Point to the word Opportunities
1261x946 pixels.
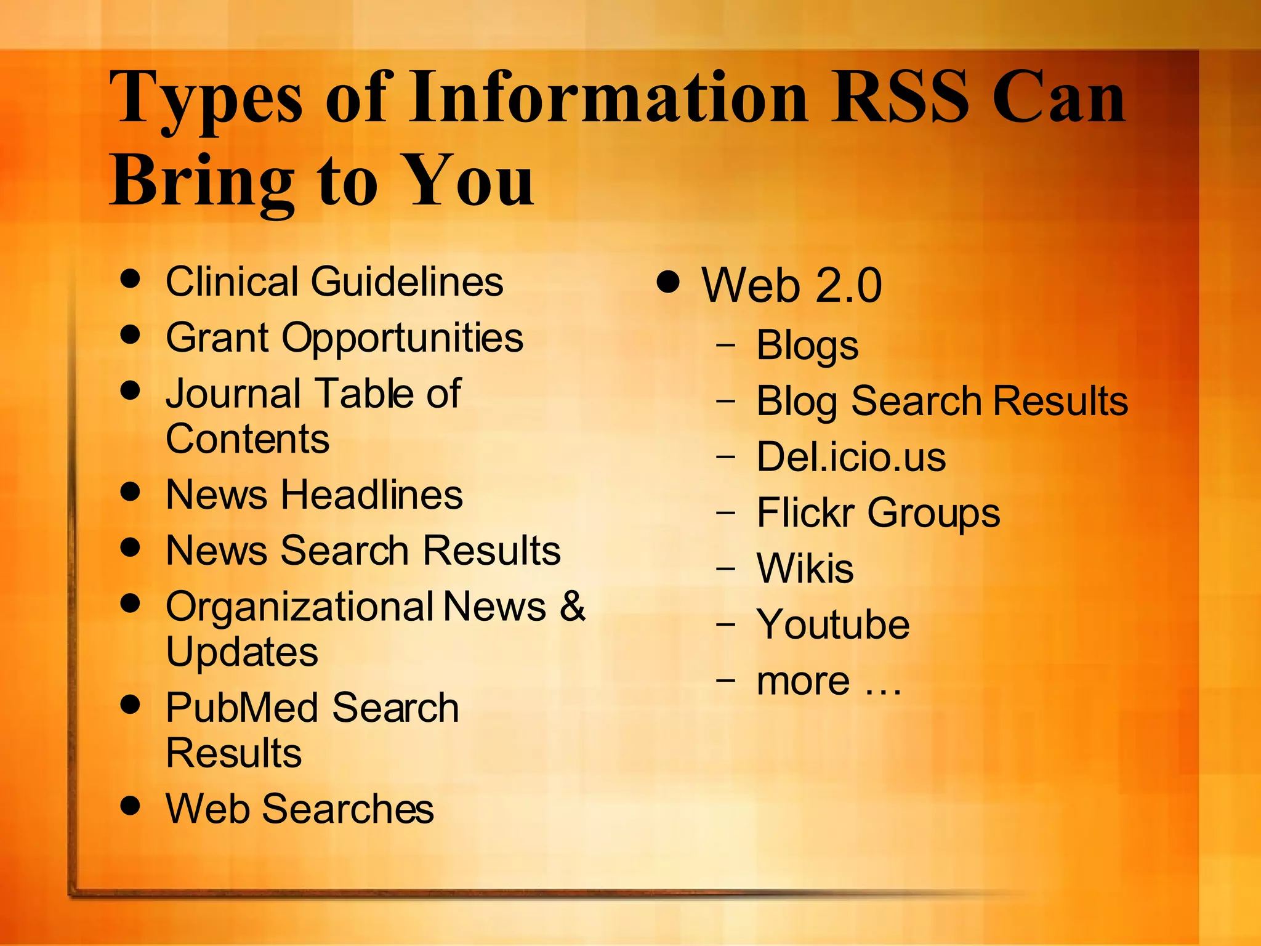pyautogui.click(x=402, y=339)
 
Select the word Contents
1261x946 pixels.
pyautogui.click(x=248, y=439)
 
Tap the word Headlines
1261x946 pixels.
pyautogui.click(x=372, y=495)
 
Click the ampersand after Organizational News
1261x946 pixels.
pyautogui.click(x=573, y=606)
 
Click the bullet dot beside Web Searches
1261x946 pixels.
pyautogui.click(x=130, y=805)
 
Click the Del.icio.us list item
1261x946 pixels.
pyautogui.click(x=851, y=458)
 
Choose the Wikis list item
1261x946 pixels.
pyautogui.click(x=805, y=568)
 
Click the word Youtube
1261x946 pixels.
pyautogui.click(x=832, y=625)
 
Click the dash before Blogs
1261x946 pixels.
pyautogui.click(x=726, y=346)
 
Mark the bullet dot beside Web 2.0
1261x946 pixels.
pyautogui.click(x=668, y=282)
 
